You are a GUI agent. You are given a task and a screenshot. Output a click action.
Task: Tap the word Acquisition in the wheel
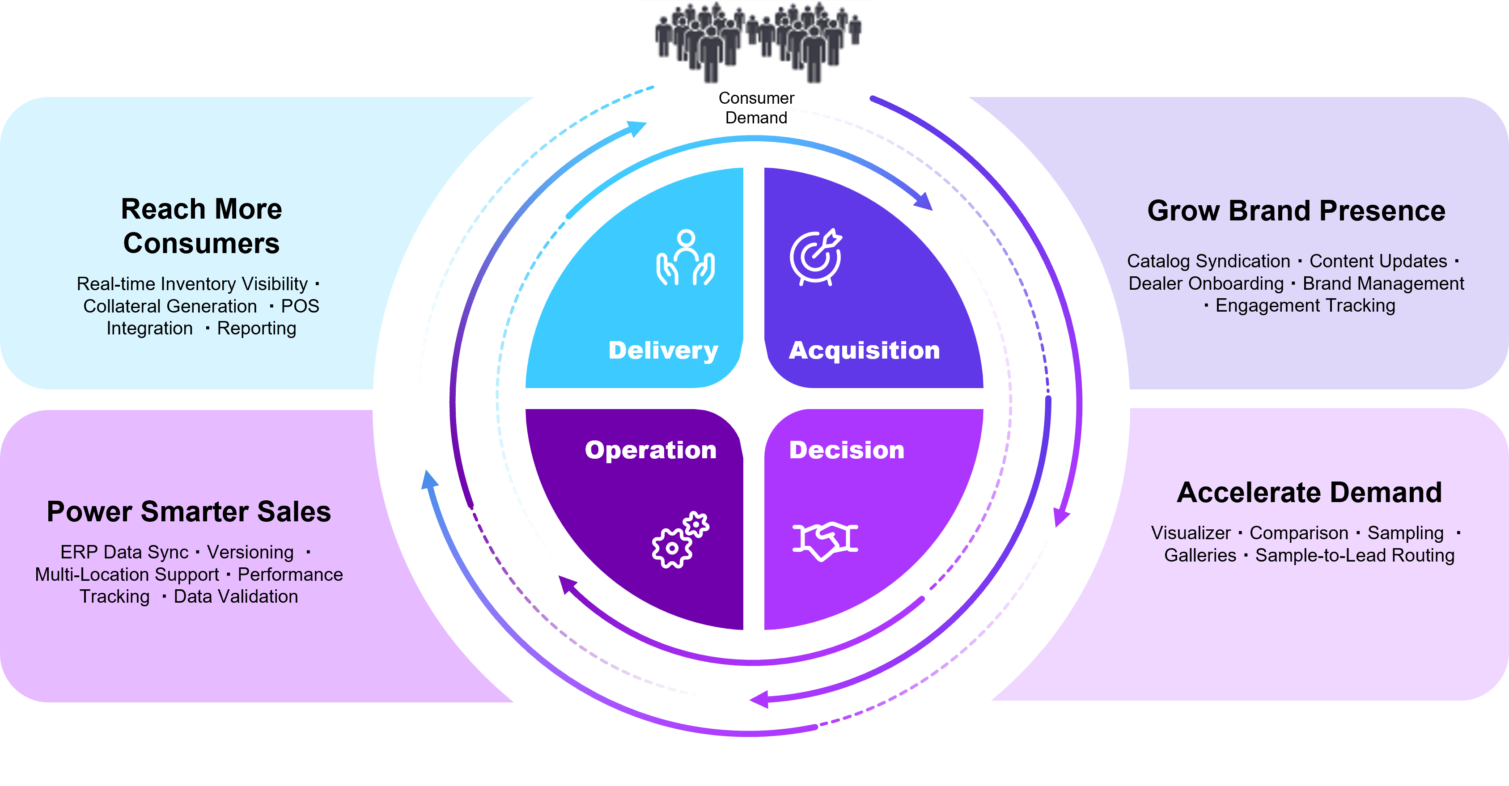pos(864,350)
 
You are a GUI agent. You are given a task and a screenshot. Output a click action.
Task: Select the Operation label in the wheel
pos(650,450)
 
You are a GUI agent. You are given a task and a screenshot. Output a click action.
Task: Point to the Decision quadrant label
pos(847,450)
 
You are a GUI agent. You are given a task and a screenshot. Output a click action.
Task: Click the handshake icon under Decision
pos(825,540)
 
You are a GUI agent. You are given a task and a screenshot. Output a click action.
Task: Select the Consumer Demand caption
pos(756,108)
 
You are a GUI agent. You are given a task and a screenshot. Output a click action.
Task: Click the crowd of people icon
pos(758,41)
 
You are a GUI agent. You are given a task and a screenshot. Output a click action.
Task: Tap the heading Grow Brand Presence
pos(1296,211)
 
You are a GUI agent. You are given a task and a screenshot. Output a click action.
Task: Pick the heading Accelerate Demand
pos(1309,493)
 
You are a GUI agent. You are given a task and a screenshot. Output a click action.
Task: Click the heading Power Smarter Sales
pos(189,512)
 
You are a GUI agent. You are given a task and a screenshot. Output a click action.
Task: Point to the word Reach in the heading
pos(154,209)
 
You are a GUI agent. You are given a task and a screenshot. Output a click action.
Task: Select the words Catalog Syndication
pos(1208,261)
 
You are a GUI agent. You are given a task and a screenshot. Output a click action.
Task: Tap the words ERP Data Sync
pos(124,552)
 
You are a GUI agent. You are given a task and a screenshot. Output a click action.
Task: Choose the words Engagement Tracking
pos(1305,306)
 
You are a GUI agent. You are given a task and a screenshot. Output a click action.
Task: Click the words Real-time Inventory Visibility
pos(192,284)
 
